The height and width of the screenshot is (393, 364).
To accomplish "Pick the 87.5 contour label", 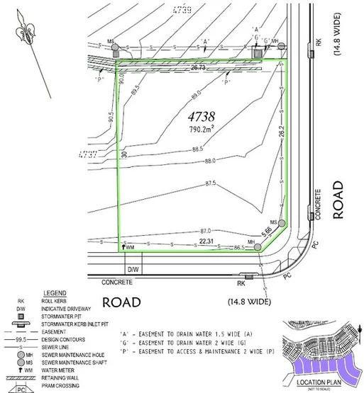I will [211, 183].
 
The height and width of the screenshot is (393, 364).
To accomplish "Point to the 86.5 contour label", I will [238, 248].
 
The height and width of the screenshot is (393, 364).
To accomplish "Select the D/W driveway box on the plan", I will [132, 270].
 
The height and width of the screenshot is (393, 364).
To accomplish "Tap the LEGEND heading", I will [55, 292].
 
